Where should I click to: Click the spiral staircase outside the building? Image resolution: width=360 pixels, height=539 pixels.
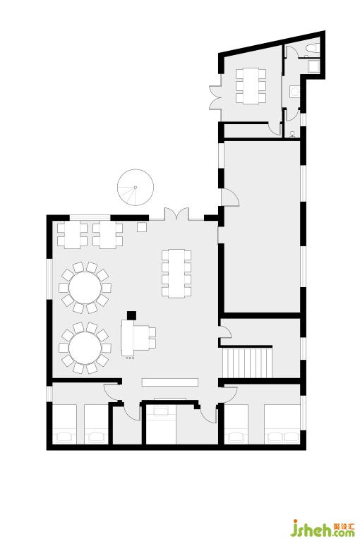135,188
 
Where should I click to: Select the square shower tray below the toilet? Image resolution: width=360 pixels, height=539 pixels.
314,66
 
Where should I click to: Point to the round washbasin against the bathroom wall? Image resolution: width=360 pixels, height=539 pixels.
295,92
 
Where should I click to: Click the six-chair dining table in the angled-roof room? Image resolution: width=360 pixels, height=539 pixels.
251,86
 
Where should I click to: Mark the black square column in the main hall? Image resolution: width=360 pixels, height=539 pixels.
131,315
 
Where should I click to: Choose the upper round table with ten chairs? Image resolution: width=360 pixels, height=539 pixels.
85,287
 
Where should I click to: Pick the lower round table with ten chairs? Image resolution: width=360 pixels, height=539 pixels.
85,348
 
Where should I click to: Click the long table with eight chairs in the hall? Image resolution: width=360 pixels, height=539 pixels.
176,273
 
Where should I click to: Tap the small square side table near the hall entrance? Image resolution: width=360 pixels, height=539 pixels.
142,227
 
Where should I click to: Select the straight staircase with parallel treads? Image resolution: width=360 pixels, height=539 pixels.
247,363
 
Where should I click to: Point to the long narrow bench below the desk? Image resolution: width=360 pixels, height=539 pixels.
170,382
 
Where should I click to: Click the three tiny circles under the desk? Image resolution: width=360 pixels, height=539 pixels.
130,358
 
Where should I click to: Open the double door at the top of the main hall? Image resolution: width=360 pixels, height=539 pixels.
176,214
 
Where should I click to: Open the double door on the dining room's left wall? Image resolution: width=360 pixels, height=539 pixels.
215,97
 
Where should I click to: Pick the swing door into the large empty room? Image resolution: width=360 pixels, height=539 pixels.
229,198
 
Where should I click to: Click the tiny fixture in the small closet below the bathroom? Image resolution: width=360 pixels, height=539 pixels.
292,134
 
